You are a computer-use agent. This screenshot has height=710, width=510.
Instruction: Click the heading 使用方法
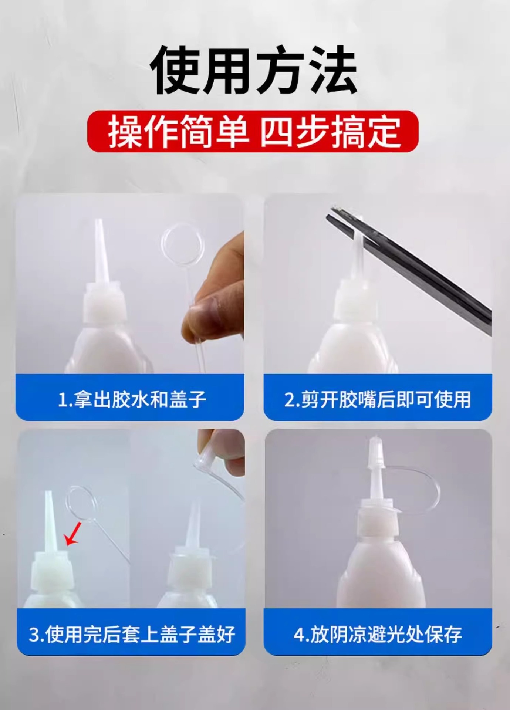tap(254, 70)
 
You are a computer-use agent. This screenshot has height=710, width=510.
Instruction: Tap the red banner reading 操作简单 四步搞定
tap(253, 132)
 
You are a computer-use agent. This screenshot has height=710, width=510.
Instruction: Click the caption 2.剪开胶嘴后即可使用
tap(378, 399)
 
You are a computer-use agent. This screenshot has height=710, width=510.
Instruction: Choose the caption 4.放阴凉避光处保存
tap(378, 634)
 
